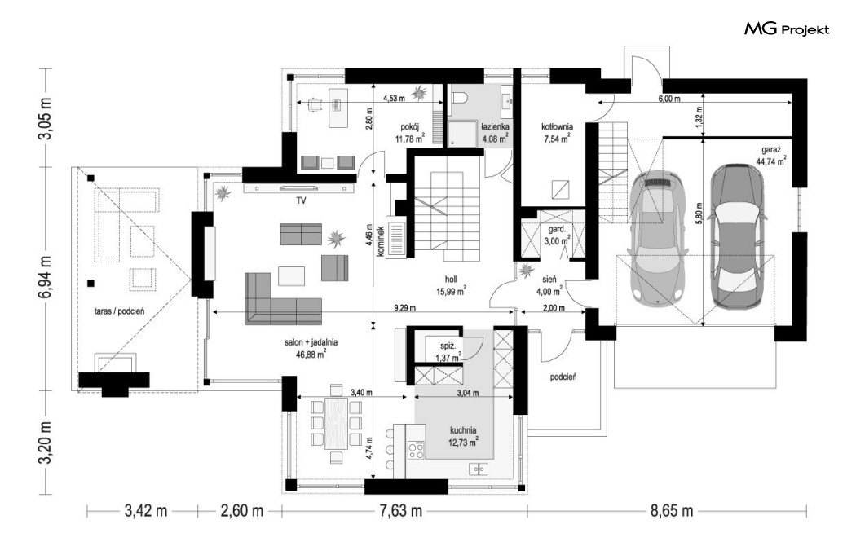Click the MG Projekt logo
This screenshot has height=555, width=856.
[787, 29]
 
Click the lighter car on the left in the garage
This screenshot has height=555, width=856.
[655, 237]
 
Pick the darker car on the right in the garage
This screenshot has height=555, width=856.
[736, 236]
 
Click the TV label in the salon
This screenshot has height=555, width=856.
[301, 200]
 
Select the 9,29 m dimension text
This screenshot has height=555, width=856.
[404, 308]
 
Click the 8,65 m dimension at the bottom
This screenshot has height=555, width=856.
[672, 511]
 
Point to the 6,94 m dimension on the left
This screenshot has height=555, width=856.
[46, 276]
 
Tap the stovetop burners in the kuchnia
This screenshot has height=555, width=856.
[416, 451]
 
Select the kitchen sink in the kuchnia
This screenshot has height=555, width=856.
[479, 469]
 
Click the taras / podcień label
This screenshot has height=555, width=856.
[119, 311]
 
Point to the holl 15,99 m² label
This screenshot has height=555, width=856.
[450, 286]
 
